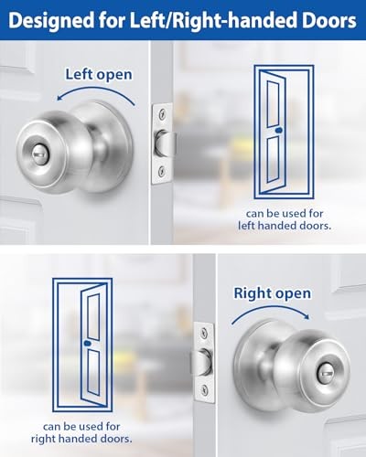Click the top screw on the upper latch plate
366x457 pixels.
coord(162,116)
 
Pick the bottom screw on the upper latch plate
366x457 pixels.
coord(162,170)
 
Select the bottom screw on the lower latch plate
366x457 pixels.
coord(203,391)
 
